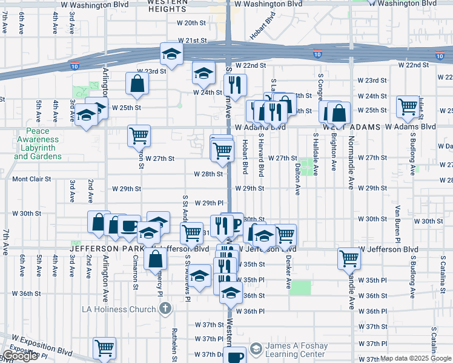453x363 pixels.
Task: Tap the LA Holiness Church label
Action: [x=119, y=309]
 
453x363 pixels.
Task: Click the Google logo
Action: [x=20, y=356]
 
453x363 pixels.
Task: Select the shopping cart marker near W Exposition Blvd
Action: [x=104, y=348]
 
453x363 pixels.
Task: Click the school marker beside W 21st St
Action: [x=171, y=54]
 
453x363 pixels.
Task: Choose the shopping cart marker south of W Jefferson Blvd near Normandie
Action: [x=349, y=258]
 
